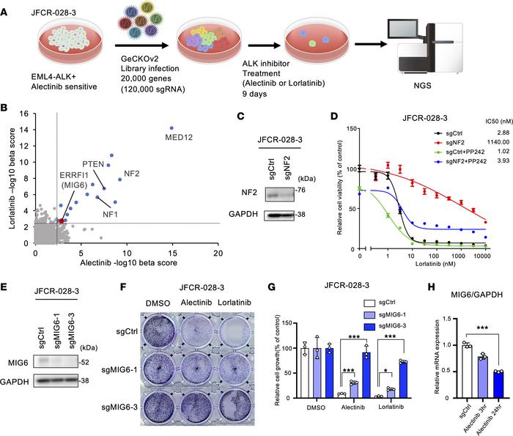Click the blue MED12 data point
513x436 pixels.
click(x=172, y=128)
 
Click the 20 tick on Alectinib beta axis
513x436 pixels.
click(x=218, y=253)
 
